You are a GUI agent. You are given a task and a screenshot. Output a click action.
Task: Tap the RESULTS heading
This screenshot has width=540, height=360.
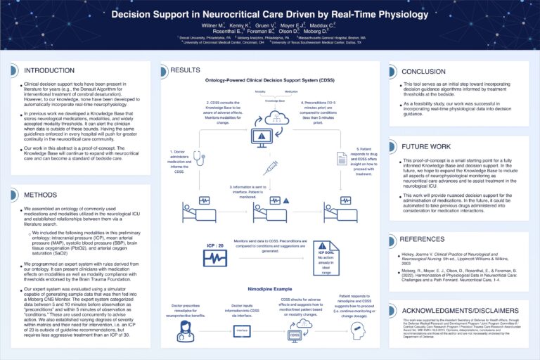(186, 70)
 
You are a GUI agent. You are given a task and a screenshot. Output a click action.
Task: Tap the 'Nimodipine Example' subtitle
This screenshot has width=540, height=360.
(269, 288)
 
